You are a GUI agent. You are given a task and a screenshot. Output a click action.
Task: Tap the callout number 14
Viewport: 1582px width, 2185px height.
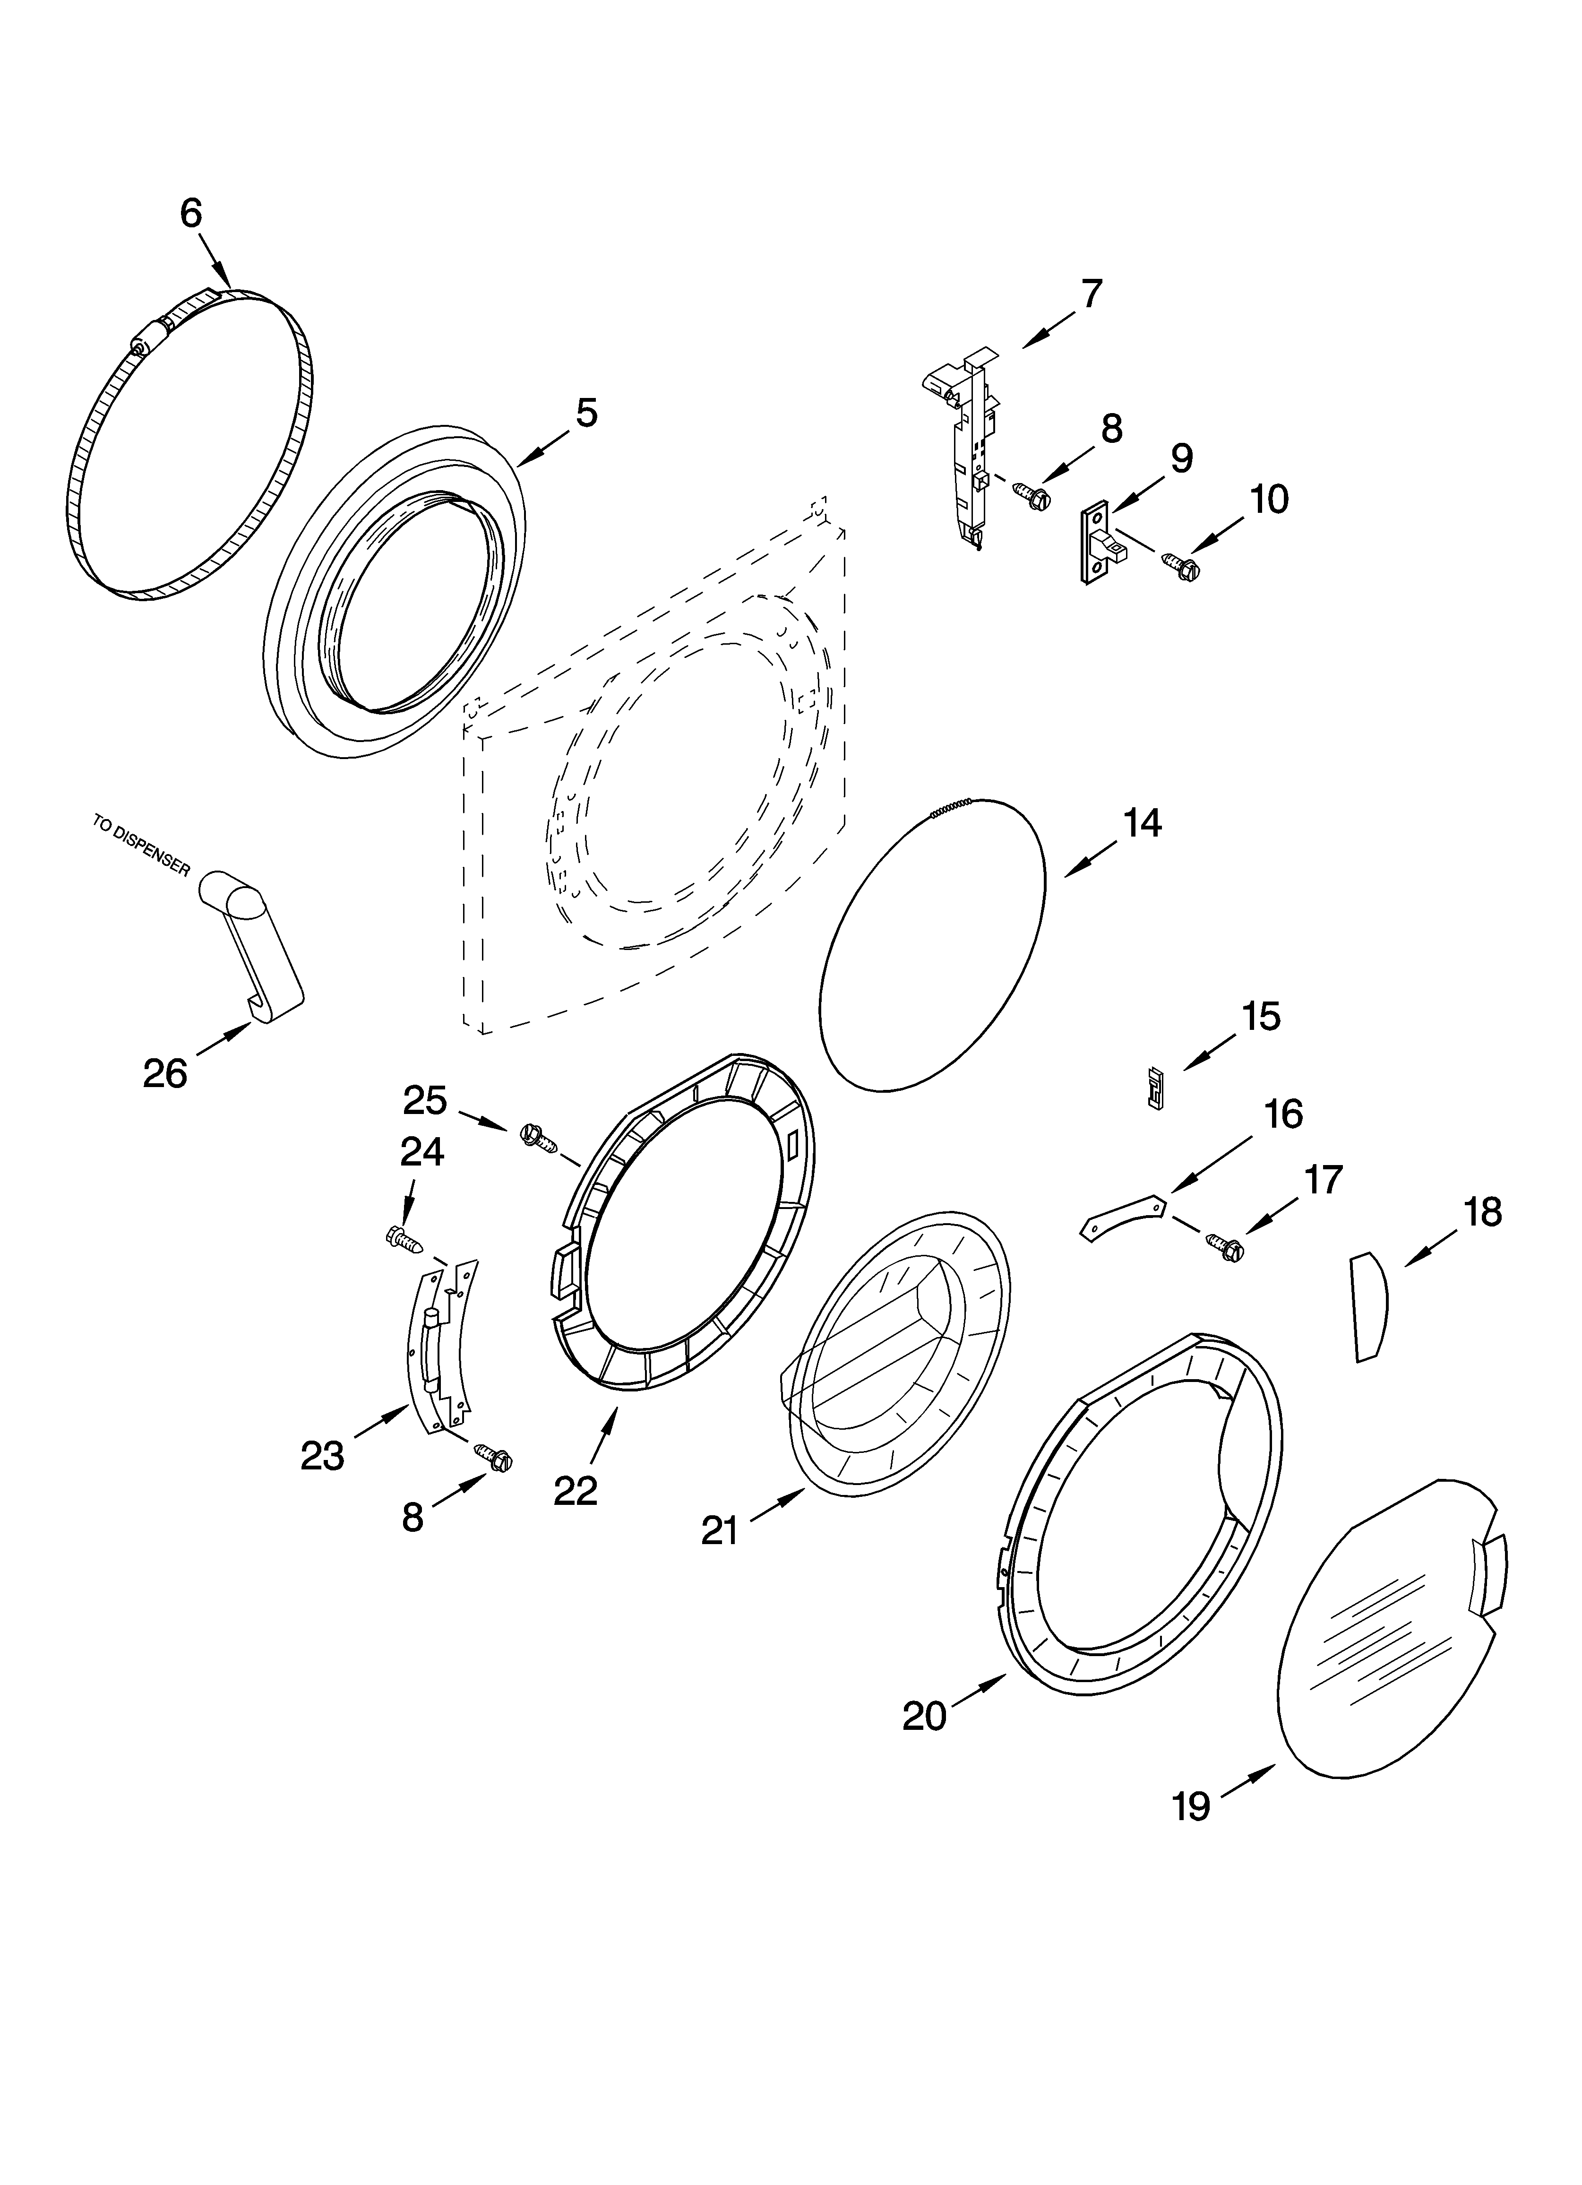click(x=1143, y=824)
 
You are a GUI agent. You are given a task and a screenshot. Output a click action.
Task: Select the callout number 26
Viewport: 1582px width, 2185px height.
click(x=165, y=1073)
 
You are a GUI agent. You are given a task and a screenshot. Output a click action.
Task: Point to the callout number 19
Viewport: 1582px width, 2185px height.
click(x=1191, y=1806)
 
